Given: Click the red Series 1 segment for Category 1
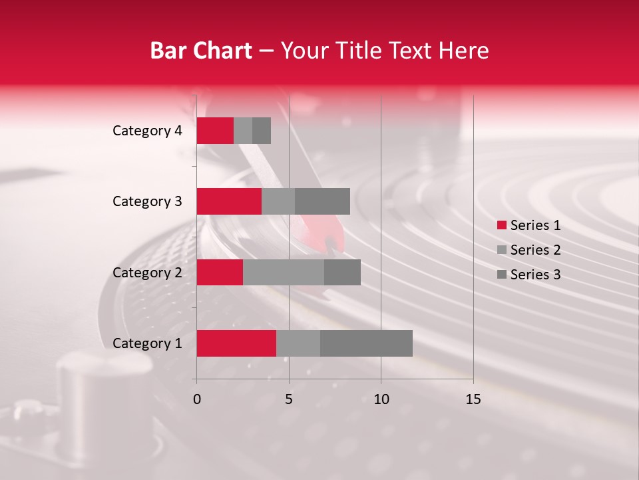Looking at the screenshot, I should tap(236, 343).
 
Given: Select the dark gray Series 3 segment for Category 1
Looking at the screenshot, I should tap(366, 343).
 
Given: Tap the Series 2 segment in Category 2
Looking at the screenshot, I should tap(284, 272).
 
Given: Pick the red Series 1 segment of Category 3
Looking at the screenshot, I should tap(229, 201).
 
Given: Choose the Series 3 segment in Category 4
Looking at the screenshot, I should tap(262, 131).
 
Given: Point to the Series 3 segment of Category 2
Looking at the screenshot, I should tap(342, 272).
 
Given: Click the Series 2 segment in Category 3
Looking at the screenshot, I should tap(278, 201).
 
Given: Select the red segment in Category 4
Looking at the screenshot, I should tap(215, 131).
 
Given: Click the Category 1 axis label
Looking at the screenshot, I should tap(147, 343).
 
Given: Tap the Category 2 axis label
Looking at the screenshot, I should tap(147, 272).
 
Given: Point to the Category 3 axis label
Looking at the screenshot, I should tap(147, 201).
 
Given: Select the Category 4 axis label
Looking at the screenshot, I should tap(147, 131).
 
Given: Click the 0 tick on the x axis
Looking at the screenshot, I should tap(197, 399).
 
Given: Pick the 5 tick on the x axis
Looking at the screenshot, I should tap(289, 399).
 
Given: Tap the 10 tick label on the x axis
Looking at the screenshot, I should tap(381, 399).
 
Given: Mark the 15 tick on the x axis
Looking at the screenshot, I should tap(473, 399).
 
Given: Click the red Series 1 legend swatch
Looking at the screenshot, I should tap(502, 225).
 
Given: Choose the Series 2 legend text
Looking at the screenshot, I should tap(535, 250).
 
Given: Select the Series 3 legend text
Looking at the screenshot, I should tap(535, 275).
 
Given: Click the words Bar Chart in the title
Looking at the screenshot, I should tap(201, 51).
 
